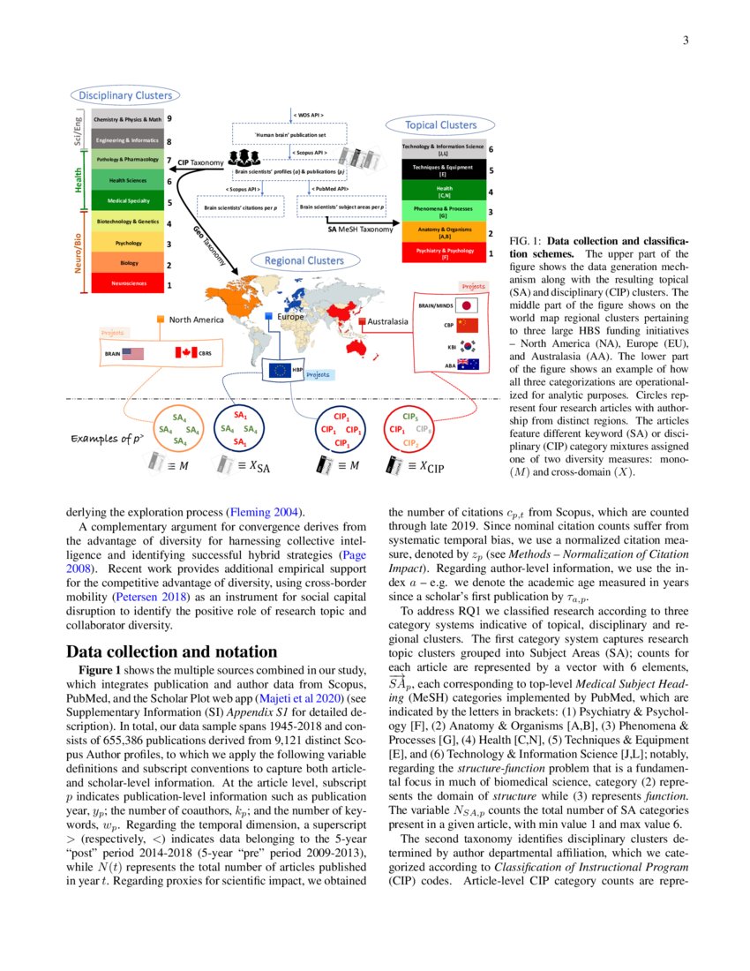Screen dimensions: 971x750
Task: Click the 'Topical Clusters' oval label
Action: pos(440,125)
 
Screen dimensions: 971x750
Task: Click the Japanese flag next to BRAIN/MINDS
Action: pos(469,305)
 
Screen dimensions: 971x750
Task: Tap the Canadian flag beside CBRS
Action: pos(185,352)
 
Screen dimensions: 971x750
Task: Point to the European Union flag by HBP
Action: pos(281,370)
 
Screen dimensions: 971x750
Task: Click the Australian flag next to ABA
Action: pos(469,365)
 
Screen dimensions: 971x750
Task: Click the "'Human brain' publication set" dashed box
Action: pos(290,135)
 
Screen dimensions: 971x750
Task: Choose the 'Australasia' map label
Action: pos(387,321)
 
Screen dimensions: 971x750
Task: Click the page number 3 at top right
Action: pos(685,41)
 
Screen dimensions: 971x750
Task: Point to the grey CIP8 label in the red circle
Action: pos(423,429)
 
